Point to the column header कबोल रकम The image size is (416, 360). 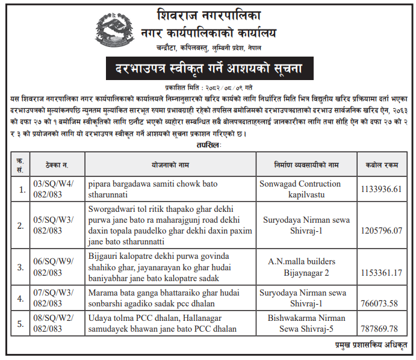[380, 164]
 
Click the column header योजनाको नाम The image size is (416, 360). [170, 164]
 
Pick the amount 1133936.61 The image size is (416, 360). [380, 189]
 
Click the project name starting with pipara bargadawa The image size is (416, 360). [154, 189]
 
